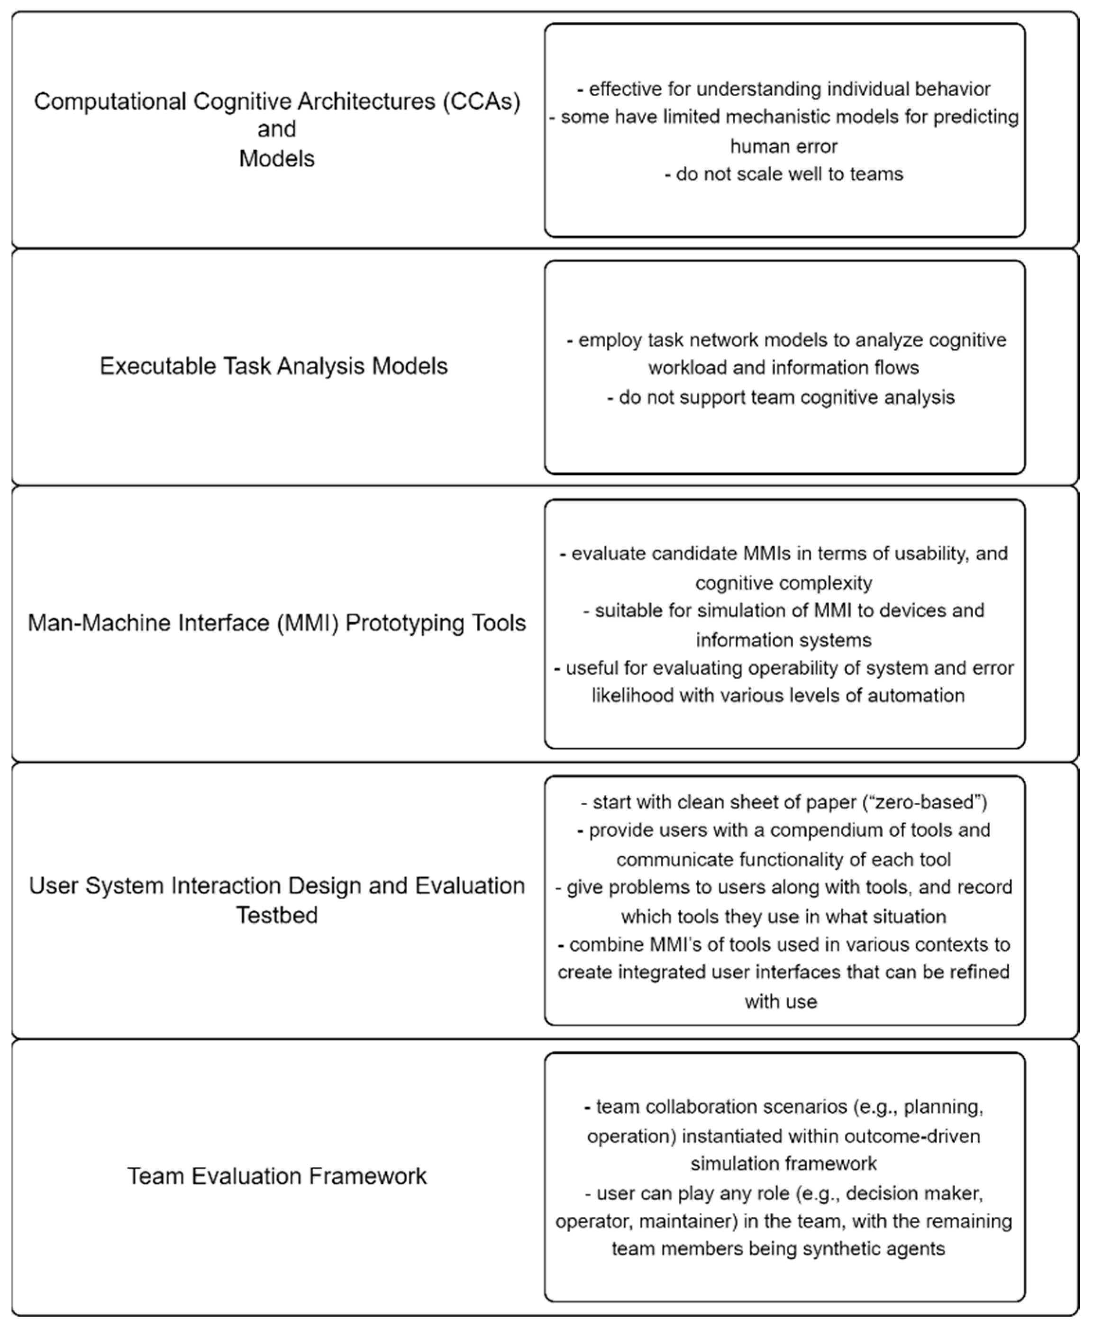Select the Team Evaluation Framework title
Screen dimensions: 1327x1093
pyautogui.click(x=277, y=1176)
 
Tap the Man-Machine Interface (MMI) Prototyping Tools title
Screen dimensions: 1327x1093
pyautogui.click(x=276, y=623)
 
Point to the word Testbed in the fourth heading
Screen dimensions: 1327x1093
pyautogui.click(x=277, y=915)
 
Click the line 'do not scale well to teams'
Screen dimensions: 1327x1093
pyautogui.click(x=784, y=174)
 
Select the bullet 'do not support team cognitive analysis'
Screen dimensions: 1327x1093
pyautogui.click(x=781, y=397)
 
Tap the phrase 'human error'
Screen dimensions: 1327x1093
pyautogui.click(x=784, y=146)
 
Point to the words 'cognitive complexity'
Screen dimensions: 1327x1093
pyautogui.click(x=784, y=583)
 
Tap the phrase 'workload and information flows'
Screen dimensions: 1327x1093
pyautogui.click(x=784, y=368)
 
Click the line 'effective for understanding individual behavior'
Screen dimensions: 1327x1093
pyautogui.click(x=784, y=90)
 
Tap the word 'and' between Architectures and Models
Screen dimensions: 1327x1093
pyautogui.click(x=277, y=129)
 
